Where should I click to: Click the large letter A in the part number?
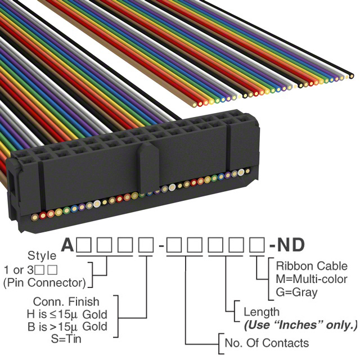(67, 245)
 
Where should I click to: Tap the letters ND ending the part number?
(291, 245)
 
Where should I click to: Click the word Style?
(42, 255)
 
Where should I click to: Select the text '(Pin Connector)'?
(44, 282)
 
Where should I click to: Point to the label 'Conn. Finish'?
(66, 301)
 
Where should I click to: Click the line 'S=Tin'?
(66, 339)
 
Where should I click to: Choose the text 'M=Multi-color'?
(312, 279)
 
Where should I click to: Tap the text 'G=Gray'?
(296, 292)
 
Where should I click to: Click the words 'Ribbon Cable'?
(312, 266)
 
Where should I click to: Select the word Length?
(262, 312)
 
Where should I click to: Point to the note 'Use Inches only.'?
(301, 325)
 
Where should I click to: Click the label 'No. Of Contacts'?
(267, 343)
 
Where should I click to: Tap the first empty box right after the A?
(84, 245)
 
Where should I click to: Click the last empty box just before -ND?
(257, 245)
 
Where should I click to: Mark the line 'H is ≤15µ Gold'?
(67, 314)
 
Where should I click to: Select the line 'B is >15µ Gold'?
(67, 326)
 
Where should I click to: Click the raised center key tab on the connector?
(149, 167)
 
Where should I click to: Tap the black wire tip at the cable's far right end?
(351, 76)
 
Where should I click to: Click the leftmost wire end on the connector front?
(35, 217)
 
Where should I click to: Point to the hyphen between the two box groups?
(161, 246)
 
